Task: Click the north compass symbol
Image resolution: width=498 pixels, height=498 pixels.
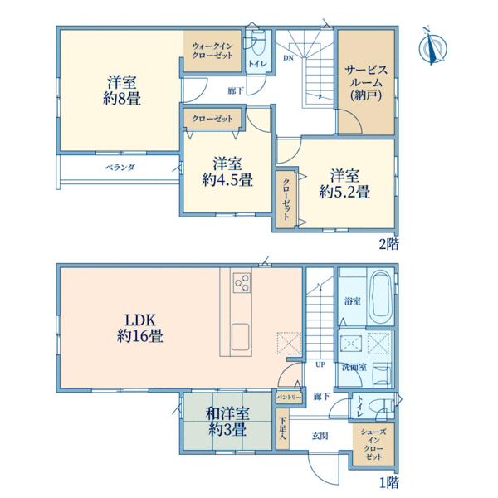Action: pos(432,46)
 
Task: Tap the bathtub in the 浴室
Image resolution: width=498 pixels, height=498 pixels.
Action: pos(381,295)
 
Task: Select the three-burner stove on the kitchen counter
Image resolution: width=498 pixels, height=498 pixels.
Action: pos(242,282)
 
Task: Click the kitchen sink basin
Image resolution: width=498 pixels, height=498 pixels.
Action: pos(240,337)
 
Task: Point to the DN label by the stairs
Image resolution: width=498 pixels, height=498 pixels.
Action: pos(288,58)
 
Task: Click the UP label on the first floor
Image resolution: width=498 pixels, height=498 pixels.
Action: pos(320,364)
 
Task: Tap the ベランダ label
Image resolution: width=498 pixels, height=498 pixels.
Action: pos(120,167)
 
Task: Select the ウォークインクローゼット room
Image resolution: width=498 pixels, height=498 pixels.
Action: pos(212,51)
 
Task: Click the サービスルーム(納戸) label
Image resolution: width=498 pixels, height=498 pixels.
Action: pos(366,82)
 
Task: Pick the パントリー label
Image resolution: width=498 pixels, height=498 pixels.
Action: pos(289,398)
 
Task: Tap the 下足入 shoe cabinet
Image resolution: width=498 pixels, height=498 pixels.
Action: pos(282,429)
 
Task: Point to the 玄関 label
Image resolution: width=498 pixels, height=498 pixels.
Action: pos(320,436)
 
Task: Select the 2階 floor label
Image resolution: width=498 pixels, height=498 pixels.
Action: pos(389,244)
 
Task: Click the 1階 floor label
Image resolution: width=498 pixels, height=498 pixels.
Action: pos(389,483)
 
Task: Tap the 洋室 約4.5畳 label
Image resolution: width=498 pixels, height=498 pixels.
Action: pos(227,172)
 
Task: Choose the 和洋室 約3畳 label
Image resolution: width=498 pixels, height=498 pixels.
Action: pos(227,422)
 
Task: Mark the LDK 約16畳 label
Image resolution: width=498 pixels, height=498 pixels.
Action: pos(140,328)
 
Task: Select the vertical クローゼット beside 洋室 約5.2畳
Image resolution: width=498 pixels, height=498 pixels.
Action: pos(286,199)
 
